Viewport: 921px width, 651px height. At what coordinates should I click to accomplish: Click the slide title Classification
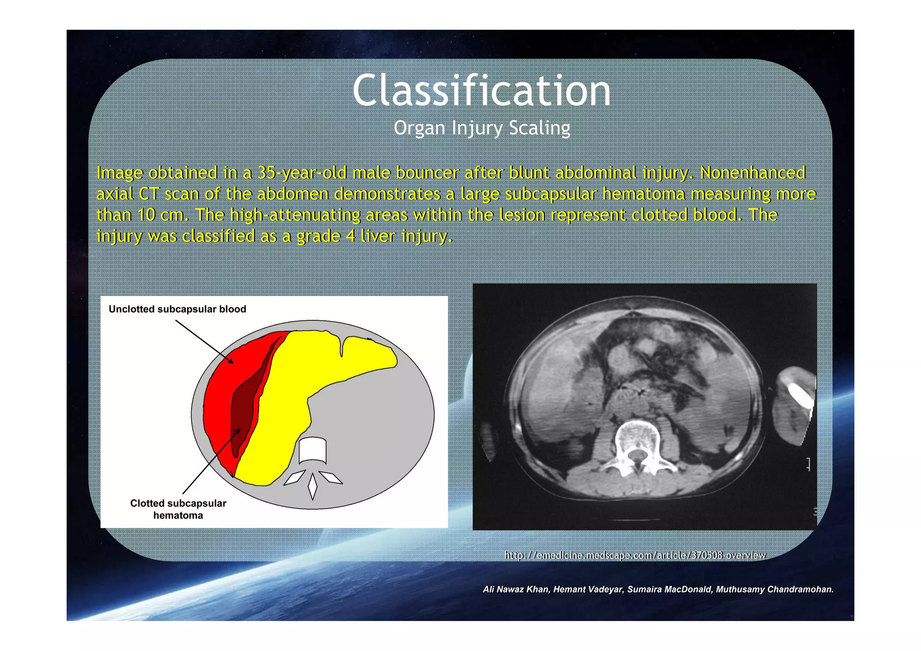pyautogui.click(x=481, y=91)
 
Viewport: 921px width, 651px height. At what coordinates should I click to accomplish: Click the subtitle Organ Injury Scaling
pyautogui.click(x=482, y=128)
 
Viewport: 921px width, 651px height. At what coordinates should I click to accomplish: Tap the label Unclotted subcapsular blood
pyautogui.click(x=177, y=309)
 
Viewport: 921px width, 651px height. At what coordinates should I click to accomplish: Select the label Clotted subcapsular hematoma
pyautogui.click(x=178, y=509)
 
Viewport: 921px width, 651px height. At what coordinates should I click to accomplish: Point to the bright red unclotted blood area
pyautogui.click(x=220, y=396)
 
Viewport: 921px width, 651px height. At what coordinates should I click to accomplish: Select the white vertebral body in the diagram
pyautogui.click(x=313, y=450)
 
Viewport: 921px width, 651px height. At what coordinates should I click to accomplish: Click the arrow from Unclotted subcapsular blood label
pyautogui.click(x=204, y=341)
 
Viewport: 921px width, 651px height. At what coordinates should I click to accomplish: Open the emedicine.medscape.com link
pyautogui.click(x=635, y=555)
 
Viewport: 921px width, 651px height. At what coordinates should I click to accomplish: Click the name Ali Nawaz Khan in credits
pyautogui.click(x=516, y=589)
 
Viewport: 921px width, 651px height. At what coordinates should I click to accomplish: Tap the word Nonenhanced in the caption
pyautogui.click(x=752, y=173)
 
